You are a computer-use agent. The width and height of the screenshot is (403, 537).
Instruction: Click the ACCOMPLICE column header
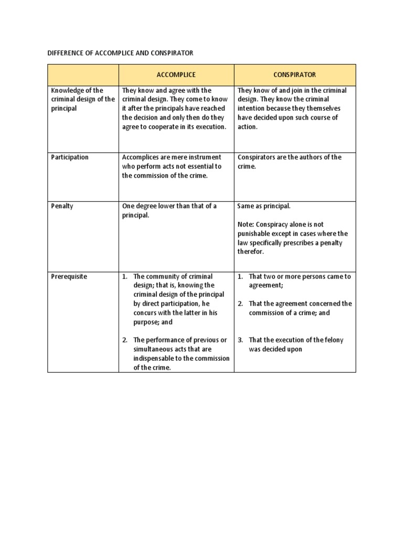[176, 75]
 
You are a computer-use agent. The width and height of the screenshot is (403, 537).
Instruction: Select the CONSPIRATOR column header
[294, 75]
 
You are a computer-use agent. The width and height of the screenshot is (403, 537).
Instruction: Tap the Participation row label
[69, 157]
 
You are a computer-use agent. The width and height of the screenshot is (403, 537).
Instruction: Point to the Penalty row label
[62, 206]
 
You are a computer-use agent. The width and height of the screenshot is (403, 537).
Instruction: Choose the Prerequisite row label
[69, 276]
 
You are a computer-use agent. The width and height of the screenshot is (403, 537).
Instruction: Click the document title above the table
[121, 53]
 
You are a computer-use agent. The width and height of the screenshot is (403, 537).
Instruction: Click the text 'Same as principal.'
[264, 206]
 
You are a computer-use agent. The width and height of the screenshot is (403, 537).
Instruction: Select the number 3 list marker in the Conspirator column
[240, 340]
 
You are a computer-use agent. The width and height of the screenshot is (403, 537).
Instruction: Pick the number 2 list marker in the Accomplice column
[125, 340]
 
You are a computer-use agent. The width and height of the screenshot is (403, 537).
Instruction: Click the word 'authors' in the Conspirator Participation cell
[306, 157]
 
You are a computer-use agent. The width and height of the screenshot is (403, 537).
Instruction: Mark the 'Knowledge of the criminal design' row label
[82, 100]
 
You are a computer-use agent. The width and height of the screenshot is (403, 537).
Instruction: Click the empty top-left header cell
[83, 75]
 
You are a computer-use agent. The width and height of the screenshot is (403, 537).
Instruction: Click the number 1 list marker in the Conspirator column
[240, 276]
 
